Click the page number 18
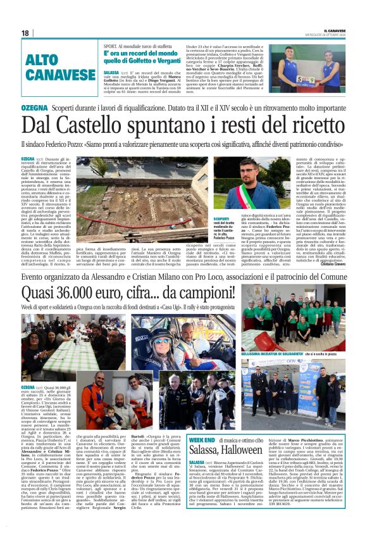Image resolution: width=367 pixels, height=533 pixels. tap(25, 33)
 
